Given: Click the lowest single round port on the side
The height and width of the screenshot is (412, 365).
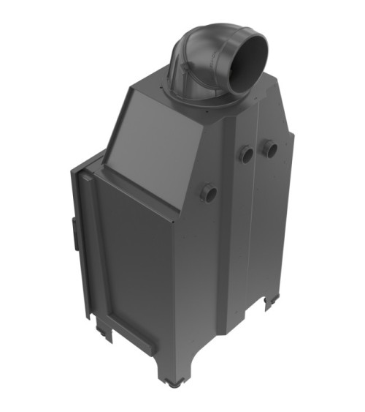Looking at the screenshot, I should [208, 193].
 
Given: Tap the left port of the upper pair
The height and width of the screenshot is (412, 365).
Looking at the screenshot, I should [247, 154].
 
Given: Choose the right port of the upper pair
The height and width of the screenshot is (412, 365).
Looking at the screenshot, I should [271, 149].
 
